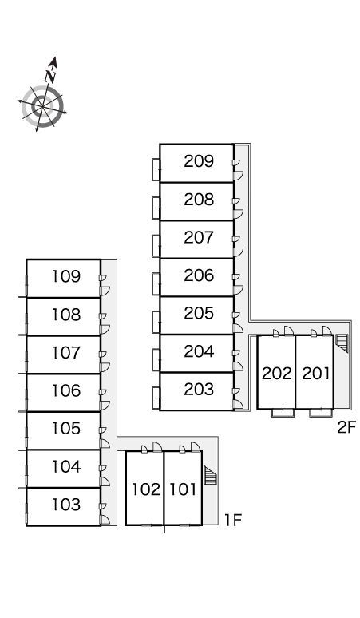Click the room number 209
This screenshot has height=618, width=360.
coord(199,161)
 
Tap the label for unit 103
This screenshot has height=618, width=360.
coord(66,505)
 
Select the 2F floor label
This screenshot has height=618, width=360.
coord(346,427)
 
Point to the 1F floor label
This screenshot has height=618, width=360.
coord(233,521)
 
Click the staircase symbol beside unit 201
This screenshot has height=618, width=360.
coord(343,343)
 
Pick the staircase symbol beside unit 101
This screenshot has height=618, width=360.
coord(212,475)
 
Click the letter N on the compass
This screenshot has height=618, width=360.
coord(51,76)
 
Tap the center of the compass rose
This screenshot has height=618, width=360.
coord(42,106)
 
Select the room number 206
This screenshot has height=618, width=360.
coord(199,275)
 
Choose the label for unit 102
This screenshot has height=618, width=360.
coord(146,489)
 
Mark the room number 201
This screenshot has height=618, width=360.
coord(315,373)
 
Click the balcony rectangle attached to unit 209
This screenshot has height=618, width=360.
coord(156,169)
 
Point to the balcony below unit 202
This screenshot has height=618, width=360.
coord(283,413)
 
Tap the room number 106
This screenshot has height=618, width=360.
coord(66,390)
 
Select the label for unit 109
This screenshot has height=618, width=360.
coord(66,277)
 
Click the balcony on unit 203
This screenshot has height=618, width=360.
coord(156,398)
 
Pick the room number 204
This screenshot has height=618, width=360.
coord(199,351)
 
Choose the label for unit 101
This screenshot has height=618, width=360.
coord(183,489)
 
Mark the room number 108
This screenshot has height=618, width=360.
coord(66,315)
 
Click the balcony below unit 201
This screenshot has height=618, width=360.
coord(320,413)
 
